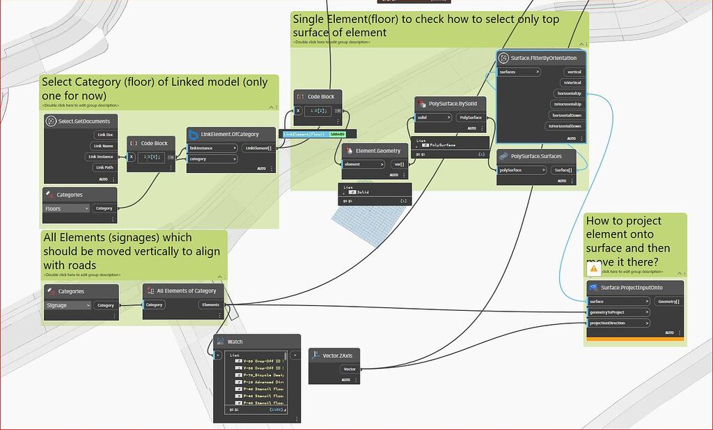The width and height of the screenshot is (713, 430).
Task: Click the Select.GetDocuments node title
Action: click(x=84, y=122)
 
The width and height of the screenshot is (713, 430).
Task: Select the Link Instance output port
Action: click(x=102, y=157)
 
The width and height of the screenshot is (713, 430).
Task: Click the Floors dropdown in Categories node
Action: click(x=67, y=208)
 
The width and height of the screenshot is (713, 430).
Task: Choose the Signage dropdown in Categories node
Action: click(x=68, y=305)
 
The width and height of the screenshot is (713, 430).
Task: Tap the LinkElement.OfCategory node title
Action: click(x=230, y=135)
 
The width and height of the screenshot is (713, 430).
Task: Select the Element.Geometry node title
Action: click(x=378, y=151)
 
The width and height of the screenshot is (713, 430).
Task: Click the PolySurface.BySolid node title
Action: click(x=453, y=104)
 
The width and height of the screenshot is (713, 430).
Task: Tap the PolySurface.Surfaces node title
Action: click(x=536, y=156)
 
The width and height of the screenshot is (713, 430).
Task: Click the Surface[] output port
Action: click(x=563, y=170)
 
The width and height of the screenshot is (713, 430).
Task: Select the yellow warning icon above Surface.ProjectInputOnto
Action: click(x=593, y=268)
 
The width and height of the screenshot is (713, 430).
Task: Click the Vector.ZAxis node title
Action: click(x=340, y=355)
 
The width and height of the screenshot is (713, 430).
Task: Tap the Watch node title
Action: click(x=235, y=342)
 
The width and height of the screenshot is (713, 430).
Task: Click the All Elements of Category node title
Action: click(x=186, y=291)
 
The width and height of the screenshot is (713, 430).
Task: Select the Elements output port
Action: click(x=210, y=305)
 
